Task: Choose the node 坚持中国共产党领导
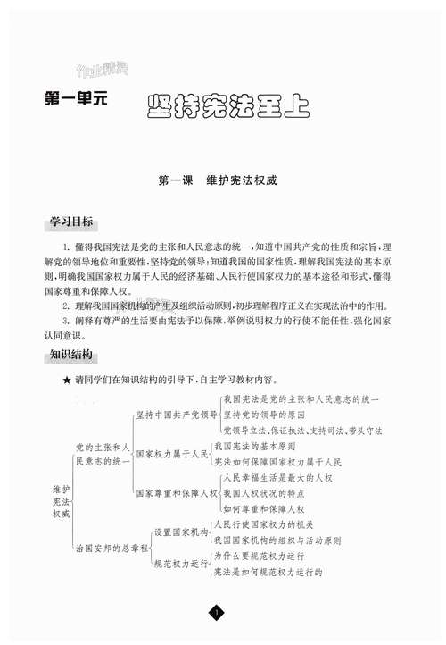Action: tap(177, 415)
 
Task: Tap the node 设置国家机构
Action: tap(181, 532)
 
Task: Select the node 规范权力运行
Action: tap(181, 564)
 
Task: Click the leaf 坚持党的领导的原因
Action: tap(265, 415)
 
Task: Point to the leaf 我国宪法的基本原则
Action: tap(258, 445)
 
